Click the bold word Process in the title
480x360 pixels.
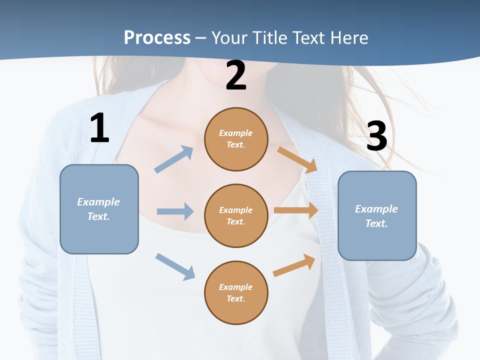(x=157, y=37)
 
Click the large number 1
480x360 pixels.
(x=99, y=128)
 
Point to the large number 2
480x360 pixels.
(x=236, y=75)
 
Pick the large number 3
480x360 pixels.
(x=376, y=136)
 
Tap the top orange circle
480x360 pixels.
(x=236, y=139)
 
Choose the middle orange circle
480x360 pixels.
(x=236, y=215)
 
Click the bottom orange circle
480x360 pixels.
(x=236, y=292)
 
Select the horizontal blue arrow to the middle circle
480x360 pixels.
(x=175, y=211)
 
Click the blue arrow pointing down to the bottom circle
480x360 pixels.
(x=175, y=266)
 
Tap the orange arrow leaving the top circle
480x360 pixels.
(x=297, y=160)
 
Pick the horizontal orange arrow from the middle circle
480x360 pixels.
(x=296, y=210)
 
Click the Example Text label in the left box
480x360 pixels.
(x=98, y=209)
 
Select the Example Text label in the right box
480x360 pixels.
(x=376, y=216)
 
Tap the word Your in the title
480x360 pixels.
(x=230, y=37)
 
